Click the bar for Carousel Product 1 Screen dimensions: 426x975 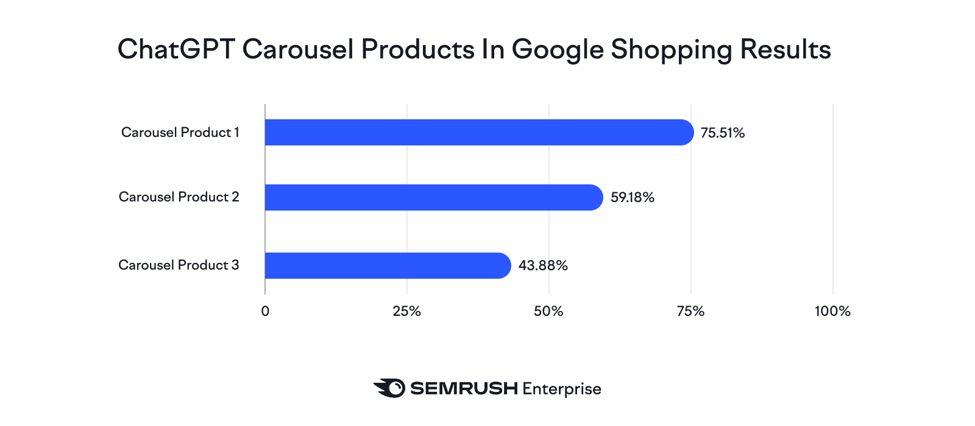[x=479, y=133]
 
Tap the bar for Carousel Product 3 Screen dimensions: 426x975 [x=388, y=265]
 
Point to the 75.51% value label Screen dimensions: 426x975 [x=723, y=133]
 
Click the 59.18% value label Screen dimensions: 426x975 [x=633, y=197]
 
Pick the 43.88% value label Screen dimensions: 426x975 [x=543, y=265]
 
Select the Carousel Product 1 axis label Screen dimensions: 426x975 [x=180, y=132]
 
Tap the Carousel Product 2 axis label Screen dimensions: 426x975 [x=179, y=197]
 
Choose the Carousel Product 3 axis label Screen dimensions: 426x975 [x=179, y=265]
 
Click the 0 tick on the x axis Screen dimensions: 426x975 [x=265, y=311]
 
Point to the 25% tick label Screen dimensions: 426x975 [x=407, y=311]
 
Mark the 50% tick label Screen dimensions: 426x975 [x=548, y=311]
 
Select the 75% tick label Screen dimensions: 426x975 [x=691, y=311]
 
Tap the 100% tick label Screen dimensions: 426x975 [x=832, y=311]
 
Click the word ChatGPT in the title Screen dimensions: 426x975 [x=176, y=49]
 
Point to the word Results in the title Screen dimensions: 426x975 [x=785, y=49]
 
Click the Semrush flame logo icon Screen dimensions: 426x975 [x=389, y=388]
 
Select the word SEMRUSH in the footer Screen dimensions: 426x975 [x=464, y=388]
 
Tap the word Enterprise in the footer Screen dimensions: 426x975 [x=562, y=389]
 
